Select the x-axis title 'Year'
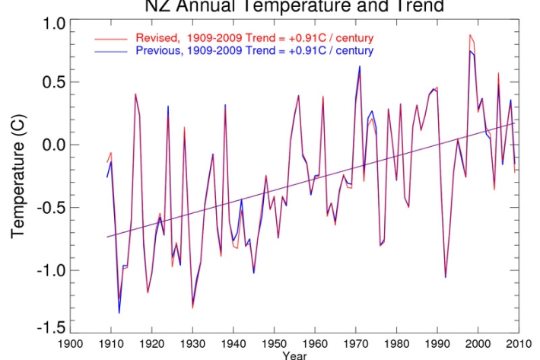(x=294, y=354)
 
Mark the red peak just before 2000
(x=470, y=35)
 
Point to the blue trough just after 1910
(x=119, y=312)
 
